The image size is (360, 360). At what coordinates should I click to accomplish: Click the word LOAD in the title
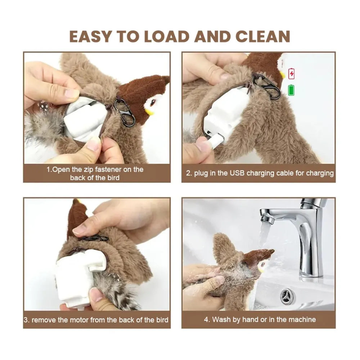(x=167, y=36)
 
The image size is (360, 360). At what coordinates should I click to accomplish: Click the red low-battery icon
(x=291, y=73)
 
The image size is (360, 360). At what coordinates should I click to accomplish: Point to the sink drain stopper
(x=287, y=296)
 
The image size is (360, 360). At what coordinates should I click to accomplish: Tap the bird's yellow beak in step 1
(x=149, y=112)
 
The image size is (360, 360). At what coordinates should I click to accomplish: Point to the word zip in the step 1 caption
(x=88, y=170)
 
